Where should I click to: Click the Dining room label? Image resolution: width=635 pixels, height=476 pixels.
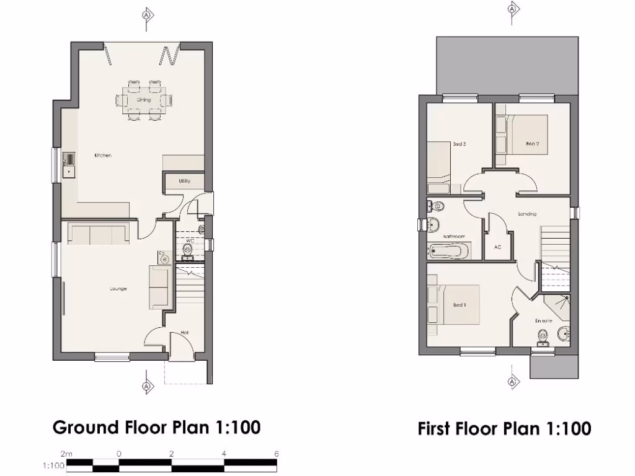144,100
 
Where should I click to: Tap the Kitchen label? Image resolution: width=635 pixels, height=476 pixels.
103,156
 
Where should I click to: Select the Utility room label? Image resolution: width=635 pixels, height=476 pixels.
184,182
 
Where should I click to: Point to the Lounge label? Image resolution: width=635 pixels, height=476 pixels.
118,288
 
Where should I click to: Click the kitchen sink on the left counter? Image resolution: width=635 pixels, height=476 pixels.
69,165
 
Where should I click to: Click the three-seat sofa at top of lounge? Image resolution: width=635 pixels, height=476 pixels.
99,234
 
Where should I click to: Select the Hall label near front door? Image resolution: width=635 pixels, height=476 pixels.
184,333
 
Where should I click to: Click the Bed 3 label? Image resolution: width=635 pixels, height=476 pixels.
460,144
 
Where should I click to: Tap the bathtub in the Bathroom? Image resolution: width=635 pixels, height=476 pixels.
448,251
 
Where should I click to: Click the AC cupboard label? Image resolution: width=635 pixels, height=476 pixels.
497,247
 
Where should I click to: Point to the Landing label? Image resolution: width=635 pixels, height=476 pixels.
527,214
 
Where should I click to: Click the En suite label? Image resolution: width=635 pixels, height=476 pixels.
543,320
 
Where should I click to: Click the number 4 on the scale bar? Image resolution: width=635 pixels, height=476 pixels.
224,453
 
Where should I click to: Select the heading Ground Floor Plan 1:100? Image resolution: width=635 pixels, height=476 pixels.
156,427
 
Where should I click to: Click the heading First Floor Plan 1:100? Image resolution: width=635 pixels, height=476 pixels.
504,428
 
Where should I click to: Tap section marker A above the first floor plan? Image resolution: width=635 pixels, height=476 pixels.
512,9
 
